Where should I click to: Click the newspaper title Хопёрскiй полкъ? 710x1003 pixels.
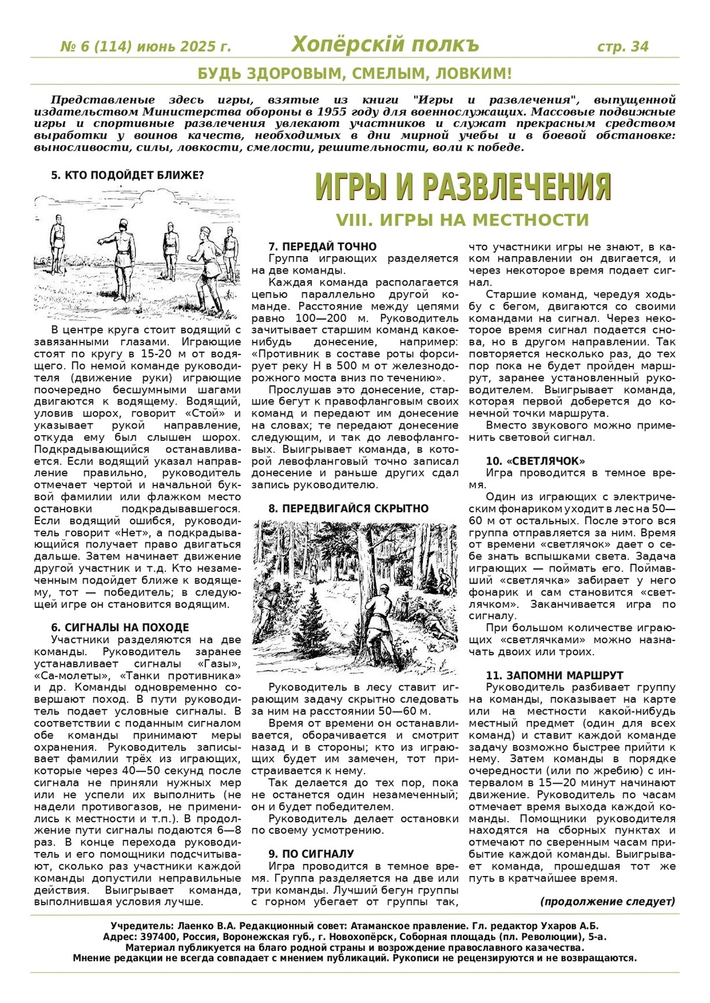click(x=385, y=45)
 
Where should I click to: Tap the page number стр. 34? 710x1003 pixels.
click(x=622, y=47)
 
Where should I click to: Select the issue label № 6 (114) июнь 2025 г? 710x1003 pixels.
click(x=145, y=47)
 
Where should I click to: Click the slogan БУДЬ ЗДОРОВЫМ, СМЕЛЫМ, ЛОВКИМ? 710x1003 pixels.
click(x=355, y=74)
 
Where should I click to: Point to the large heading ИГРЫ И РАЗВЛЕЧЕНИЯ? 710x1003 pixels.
click(x=463, y=187)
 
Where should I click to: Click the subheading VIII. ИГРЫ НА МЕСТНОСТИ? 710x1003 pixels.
click(x=462, y=220)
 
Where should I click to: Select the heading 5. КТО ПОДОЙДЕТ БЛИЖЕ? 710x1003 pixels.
click(x=127, y=175)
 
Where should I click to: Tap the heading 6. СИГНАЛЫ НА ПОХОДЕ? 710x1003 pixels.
click(x=120, y=627)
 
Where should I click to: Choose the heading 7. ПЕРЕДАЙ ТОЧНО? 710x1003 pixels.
click(x=322, y=246)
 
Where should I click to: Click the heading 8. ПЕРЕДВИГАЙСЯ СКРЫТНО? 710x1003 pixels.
click(x=348, y=508)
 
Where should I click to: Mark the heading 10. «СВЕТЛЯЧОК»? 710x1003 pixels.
click(x=535, y=461)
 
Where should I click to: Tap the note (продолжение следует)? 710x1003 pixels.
click(x=608, y=901)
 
